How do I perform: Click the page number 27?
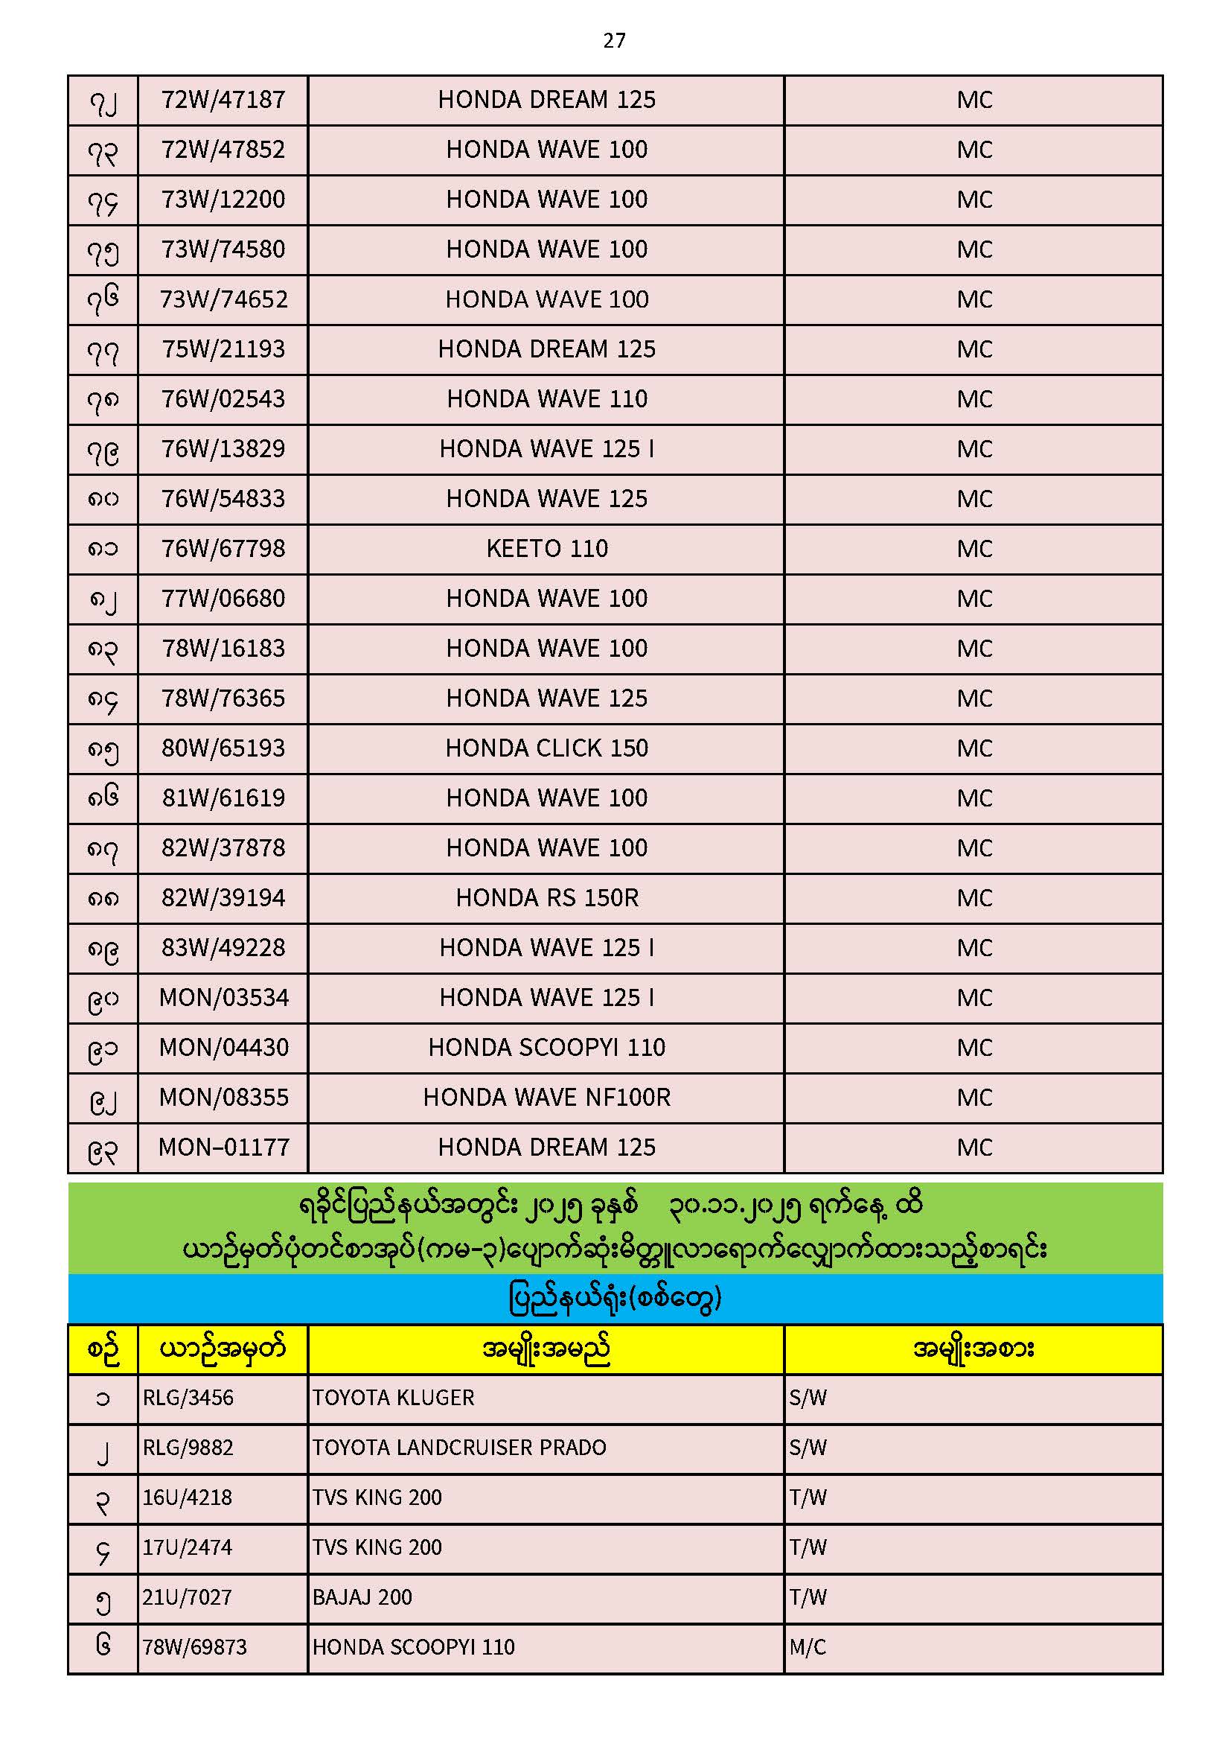614,41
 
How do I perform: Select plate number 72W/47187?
223,100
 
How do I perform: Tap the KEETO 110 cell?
546,549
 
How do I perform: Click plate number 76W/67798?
223,549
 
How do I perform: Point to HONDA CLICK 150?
546,748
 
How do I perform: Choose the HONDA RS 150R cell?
546,899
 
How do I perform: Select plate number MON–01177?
223,1148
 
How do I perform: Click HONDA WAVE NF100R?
546,1098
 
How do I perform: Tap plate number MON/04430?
223,1048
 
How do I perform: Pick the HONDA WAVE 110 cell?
546,400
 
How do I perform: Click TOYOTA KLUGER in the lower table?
394,1398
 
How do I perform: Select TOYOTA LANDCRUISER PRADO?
459,1448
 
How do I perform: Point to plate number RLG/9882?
188,1448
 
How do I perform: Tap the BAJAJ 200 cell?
362,1598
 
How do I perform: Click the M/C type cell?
808,1648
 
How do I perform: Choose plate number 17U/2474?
188,1547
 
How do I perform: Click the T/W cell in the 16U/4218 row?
808,1498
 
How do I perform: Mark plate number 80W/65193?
223,748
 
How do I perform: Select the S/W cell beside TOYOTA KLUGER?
808,1398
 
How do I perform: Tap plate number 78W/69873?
195,1648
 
